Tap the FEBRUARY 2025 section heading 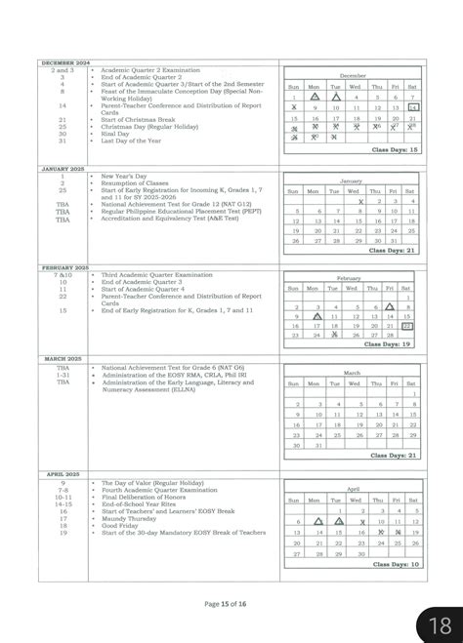pyautogui.click(x=64, y=267)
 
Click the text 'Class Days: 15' pyautogui.click(x=394, y=149)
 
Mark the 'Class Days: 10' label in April pyautogui.click(x=394, y=563)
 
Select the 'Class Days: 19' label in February pyautogui.click(x=394, y=343)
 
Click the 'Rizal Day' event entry pyautogui.click(x=117, y=133)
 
